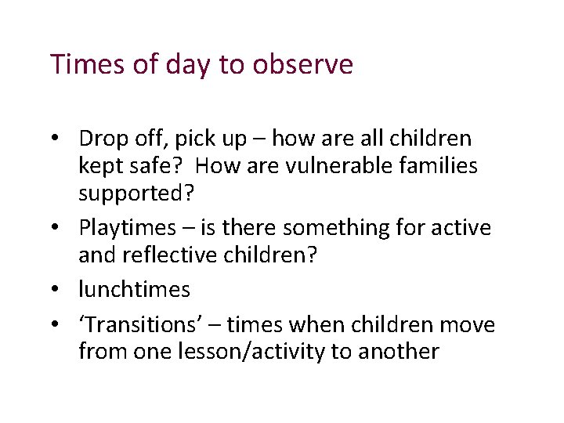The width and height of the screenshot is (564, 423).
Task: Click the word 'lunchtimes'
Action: tap(134, 290)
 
